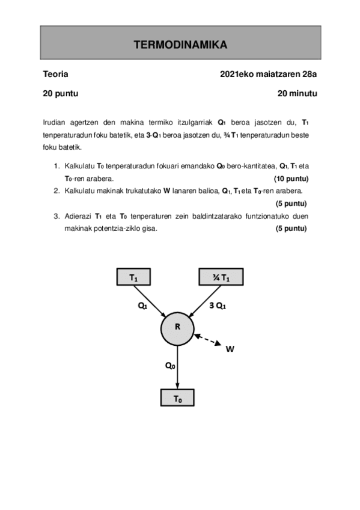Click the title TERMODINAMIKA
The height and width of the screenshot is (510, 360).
tap(180, 45)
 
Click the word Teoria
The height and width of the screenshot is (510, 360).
tap(55, 75)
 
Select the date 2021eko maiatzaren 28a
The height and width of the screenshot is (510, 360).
tap(269, 75)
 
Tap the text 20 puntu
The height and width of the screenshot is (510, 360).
tap(61, 93)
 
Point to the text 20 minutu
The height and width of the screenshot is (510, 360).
tap(297, 93)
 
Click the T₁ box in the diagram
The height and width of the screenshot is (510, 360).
tap(133, 277)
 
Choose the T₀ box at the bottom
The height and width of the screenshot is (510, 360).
tap(178, 398)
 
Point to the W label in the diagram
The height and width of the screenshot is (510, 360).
tap(230, 348)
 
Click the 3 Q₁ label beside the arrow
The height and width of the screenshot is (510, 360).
tap(217, 306)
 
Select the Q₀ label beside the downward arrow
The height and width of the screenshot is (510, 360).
tap(170, 364)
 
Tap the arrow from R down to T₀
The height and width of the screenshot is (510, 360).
tap(178, 367)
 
